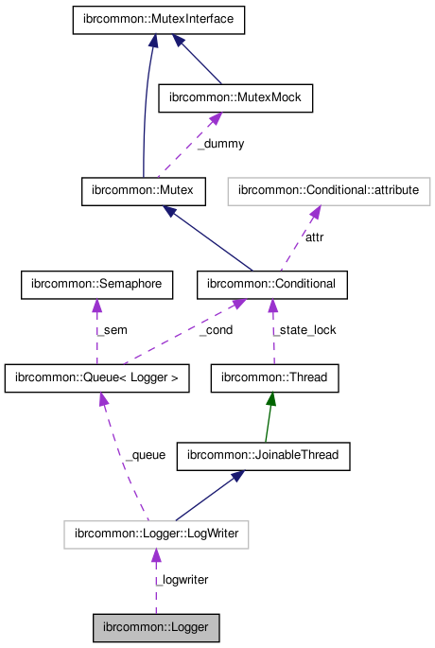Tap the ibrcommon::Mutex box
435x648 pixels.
tap(144, 190)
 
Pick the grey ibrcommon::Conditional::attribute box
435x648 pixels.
tap(328, 190)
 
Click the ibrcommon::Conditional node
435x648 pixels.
tap(273, 283)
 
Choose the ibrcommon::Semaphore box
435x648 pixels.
tap(96, 283)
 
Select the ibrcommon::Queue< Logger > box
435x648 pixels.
tap(96, 377)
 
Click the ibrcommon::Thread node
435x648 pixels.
tap(273, 377)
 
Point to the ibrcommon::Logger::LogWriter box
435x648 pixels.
tap(157, 534)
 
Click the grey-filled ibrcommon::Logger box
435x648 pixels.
tap(157, 627)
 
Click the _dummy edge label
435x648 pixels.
tap(220, 144)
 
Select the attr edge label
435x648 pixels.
tap(314, 237)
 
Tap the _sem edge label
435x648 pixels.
tap(111, 330)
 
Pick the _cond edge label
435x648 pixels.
tap(216, 330)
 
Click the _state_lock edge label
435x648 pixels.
tap(304, 330)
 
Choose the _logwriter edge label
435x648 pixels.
tap(182, 579)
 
